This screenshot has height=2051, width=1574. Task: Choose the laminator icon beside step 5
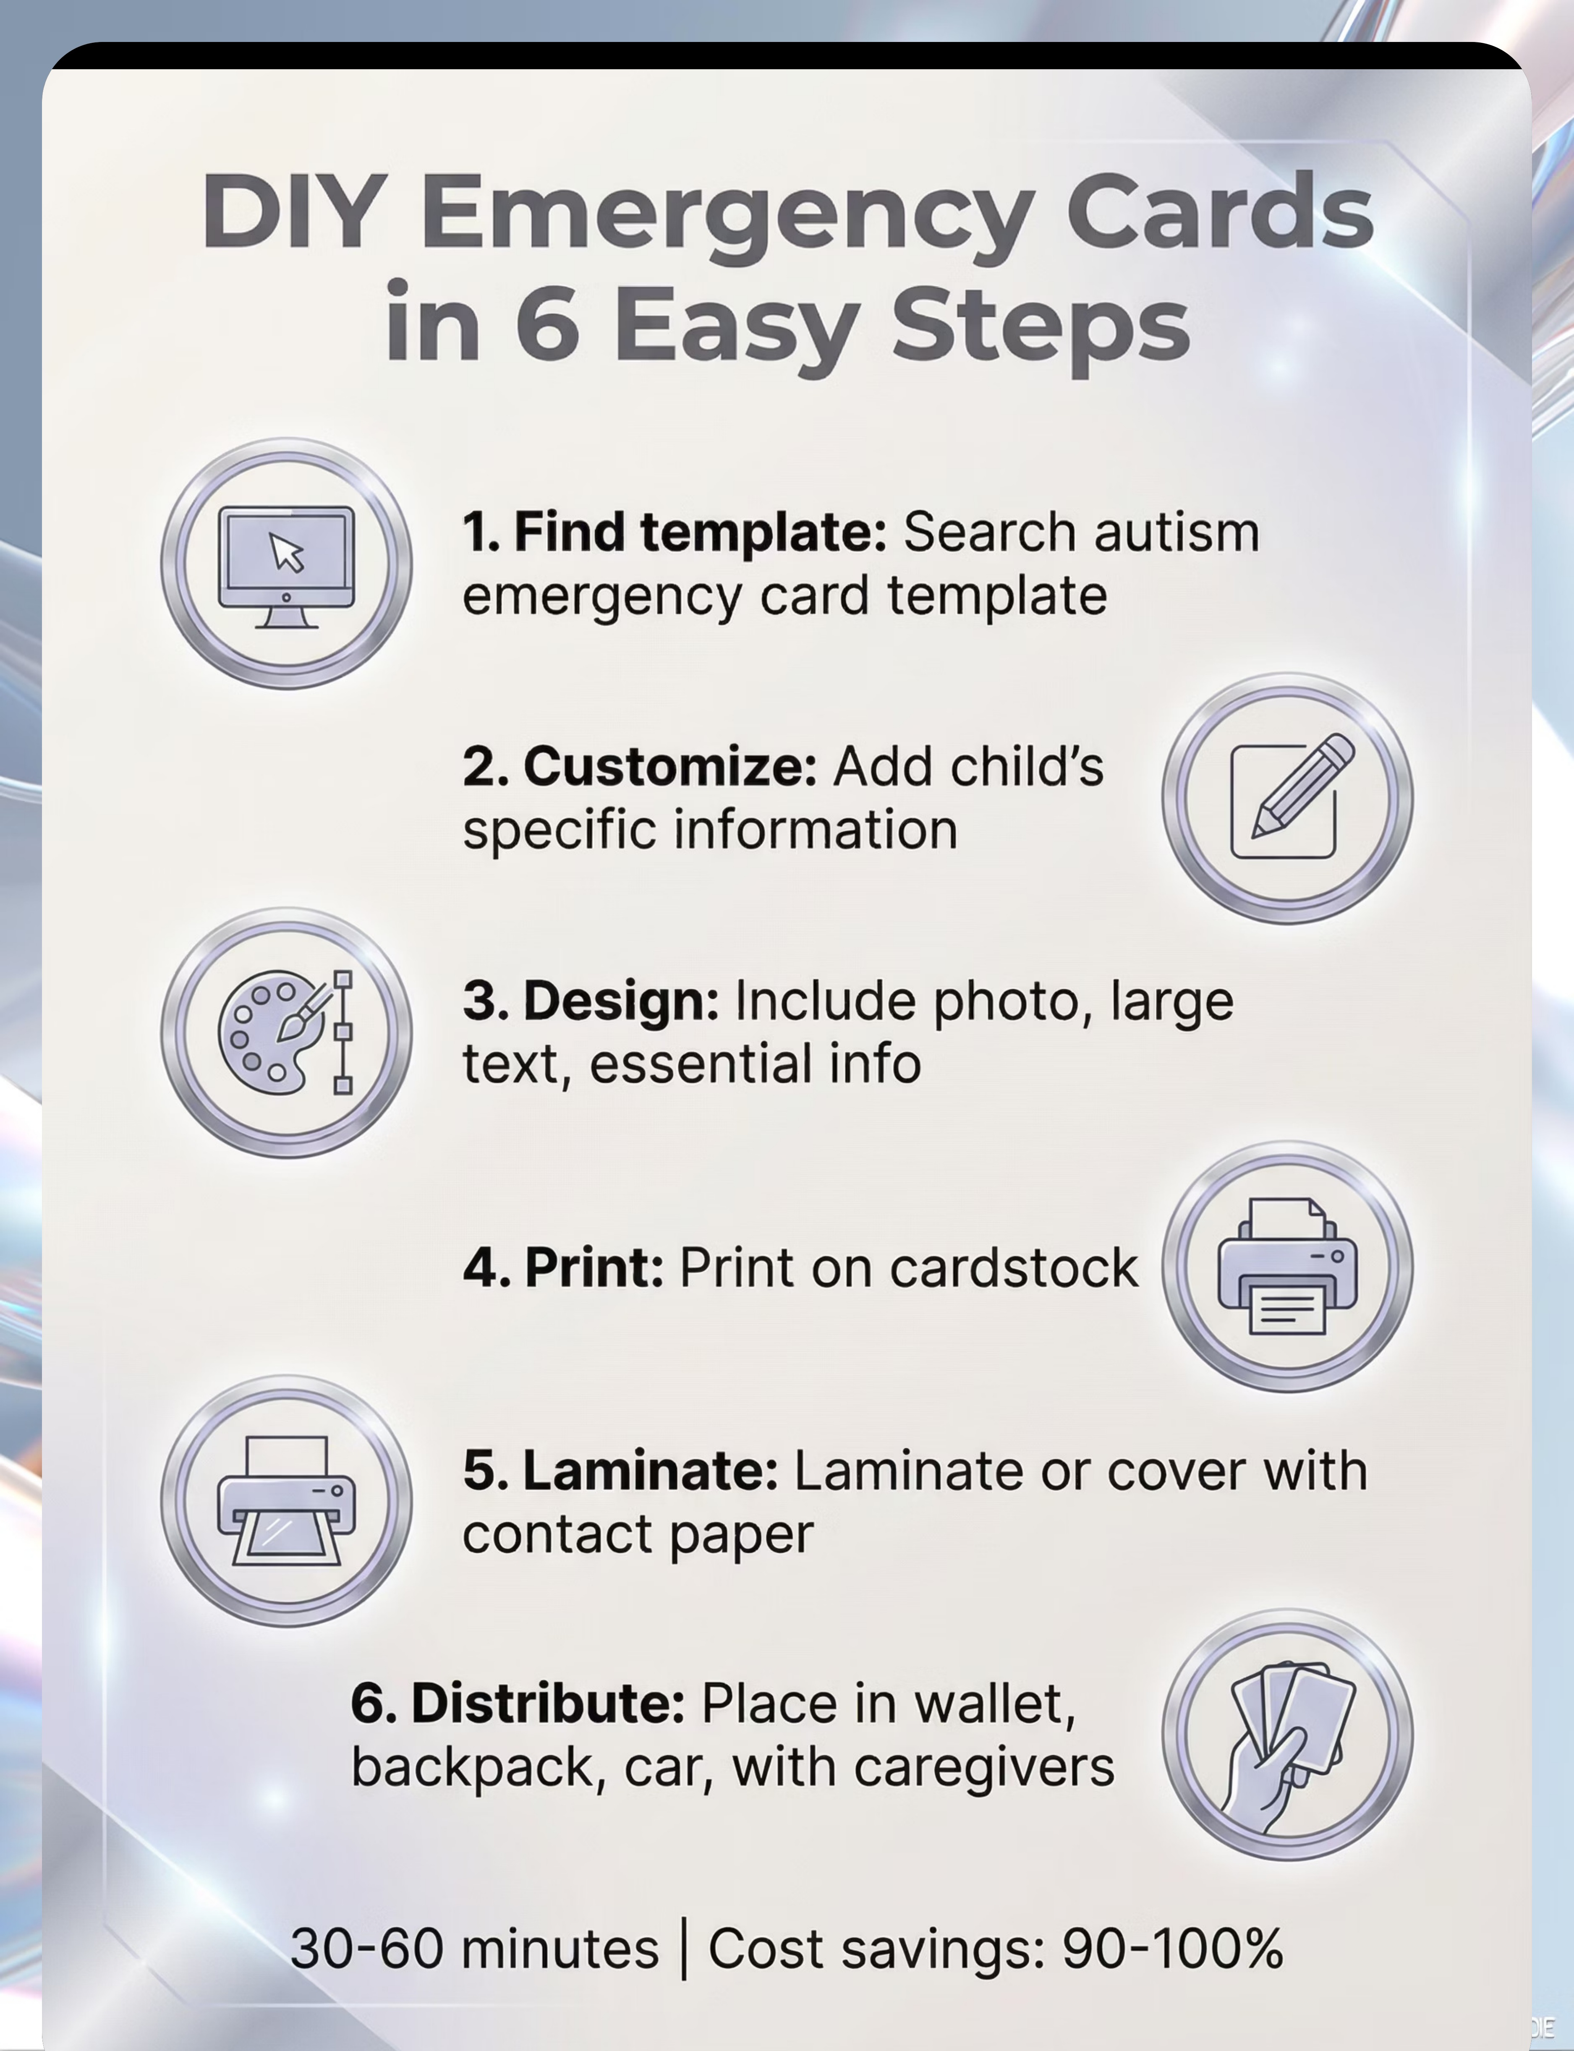tap(286, 1500)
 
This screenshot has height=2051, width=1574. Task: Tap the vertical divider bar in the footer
tap(684, 1950)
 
